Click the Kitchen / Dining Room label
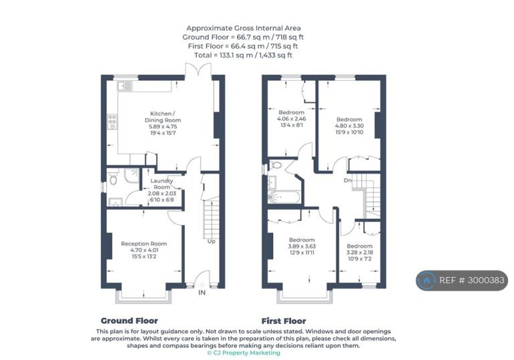[163, 116]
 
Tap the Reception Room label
[144, 244]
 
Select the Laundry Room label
[161, 183]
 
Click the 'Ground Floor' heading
[129, 321]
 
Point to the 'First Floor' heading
[284, 321]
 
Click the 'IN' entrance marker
[202, 292]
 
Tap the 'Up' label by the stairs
[211, 242]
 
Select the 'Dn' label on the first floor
[347, 180]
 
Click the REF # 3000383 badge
[462, 280]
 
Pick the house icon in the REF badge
[426, 280]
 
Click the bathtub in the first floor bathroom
[284, 197]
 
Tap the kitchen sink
[125, 86]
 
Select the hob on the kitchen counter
[112, 122]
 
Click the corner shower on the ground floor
[131, 176]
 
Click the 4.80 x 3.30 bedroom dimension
[349, 126]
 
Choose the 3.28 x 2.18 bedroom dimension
[359, 252]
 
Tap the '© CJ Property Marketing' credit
[244, 353]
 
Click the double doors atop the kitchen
[198, 70]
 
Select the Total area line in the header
[243, 55]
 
